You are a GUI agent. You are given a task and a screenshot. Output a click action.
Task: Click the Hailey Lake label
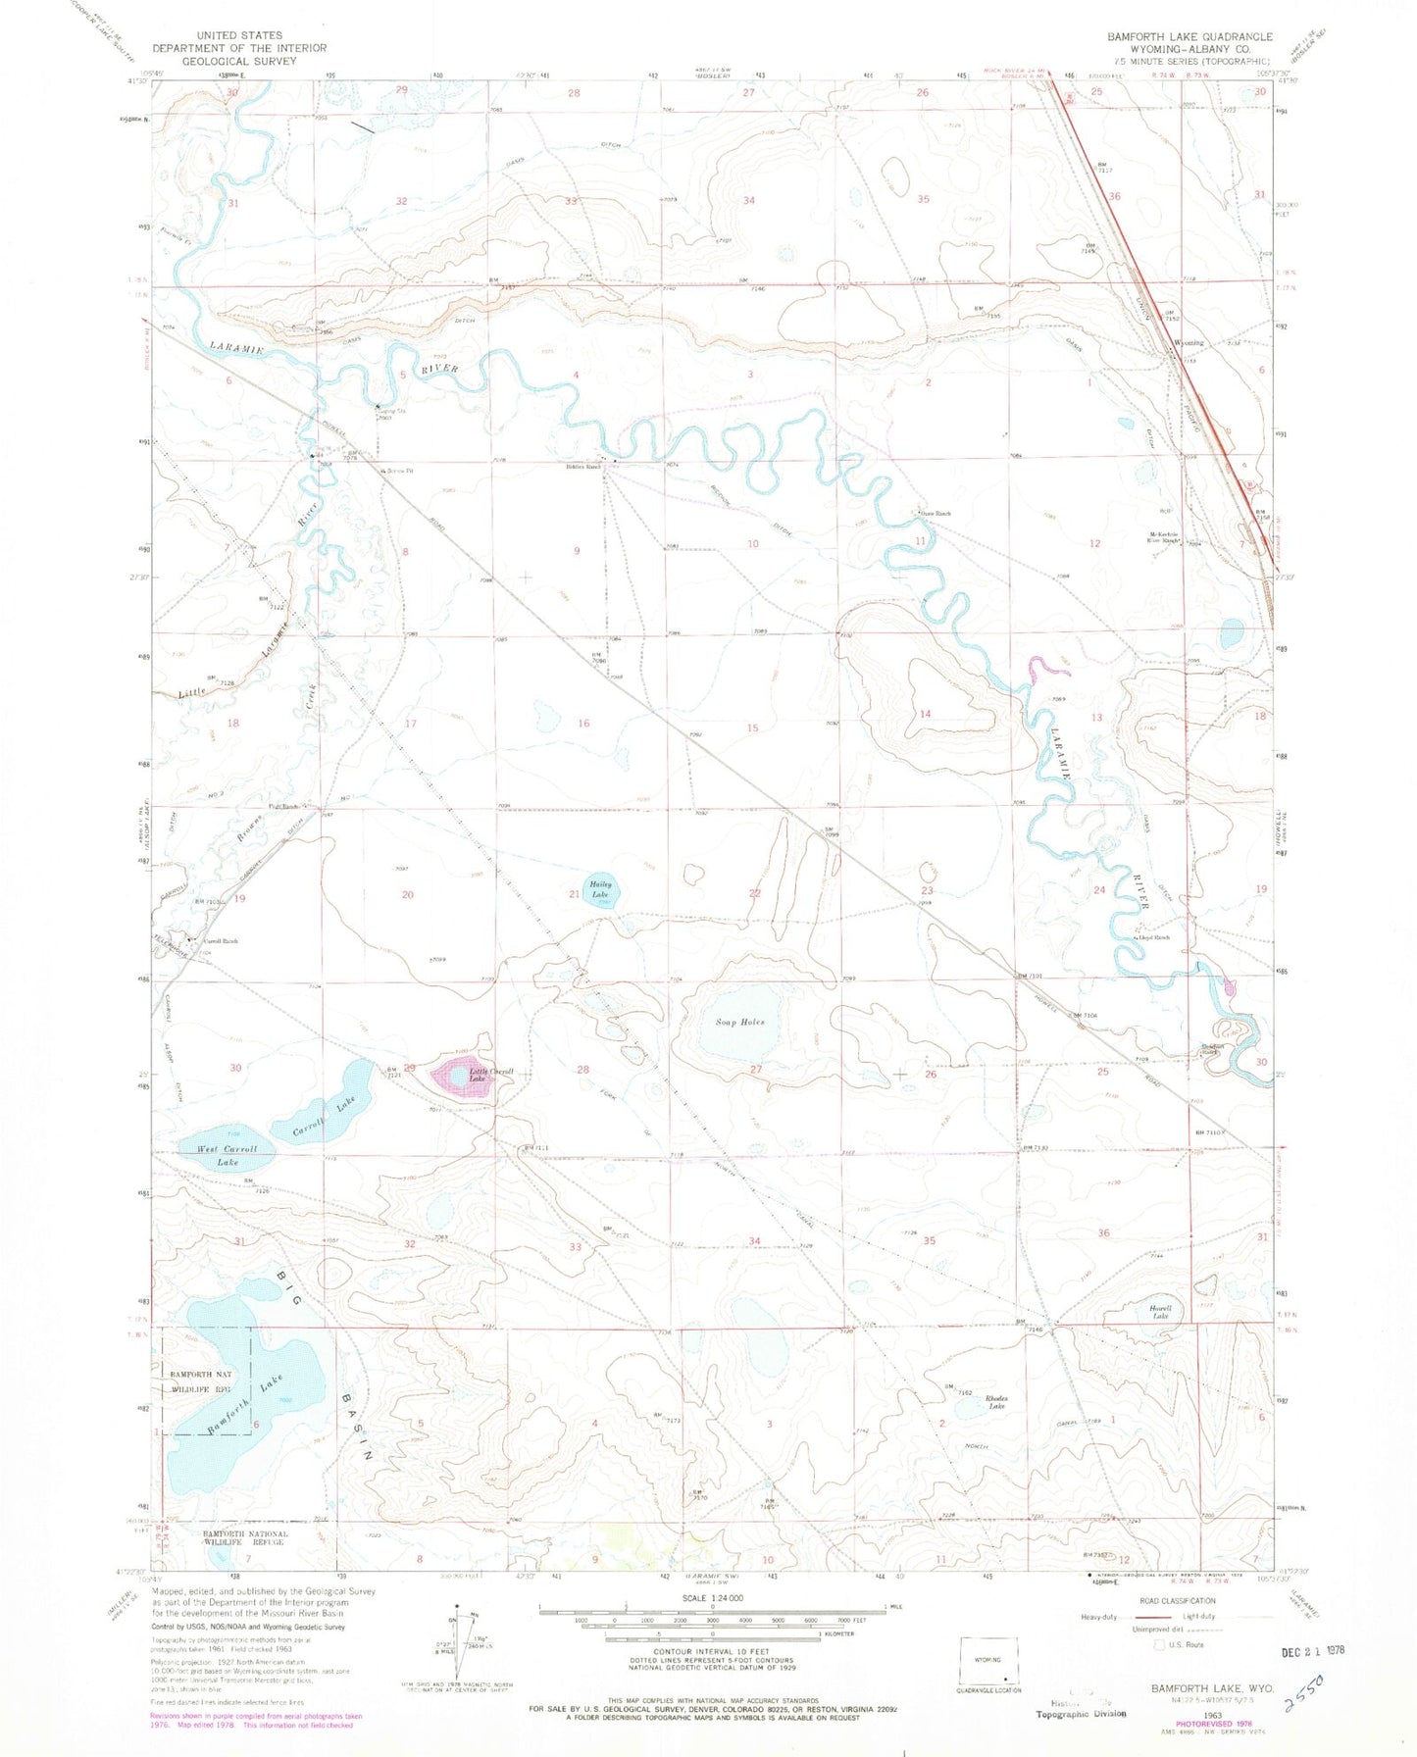[x=600, y=889]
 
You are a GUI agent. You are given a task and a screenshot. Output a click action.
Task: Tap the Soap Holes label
[x=739, y=1023]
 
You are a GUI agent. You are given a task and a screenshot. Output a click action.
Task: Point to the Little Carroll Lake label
[x=490, y=1075]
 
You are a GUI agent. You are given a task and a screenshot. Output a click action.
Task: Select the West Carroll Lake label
[x=228, y=1155]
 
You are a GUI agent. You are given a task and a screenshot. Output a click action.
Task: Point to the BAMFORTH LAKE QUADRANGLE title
[x=1189, y=36]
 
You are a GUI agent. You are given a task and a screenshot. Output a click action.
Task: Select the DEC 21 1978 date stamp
[x=1305, y=1651]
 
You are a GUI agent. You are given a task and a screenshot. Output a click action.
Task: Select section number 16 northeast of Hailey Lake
[x=583, y=724]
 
